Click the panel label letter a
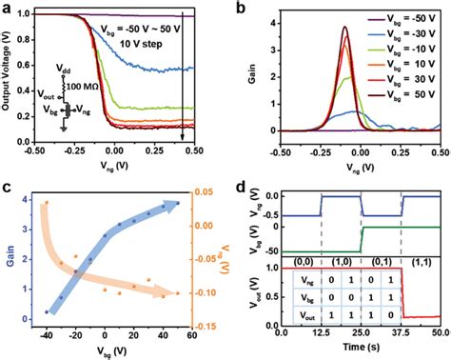point(8,9)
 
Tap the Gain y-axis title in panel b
point(249,71)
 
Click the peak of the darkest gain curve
point(343,28)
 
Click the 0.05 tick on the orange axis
point(213,193)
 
